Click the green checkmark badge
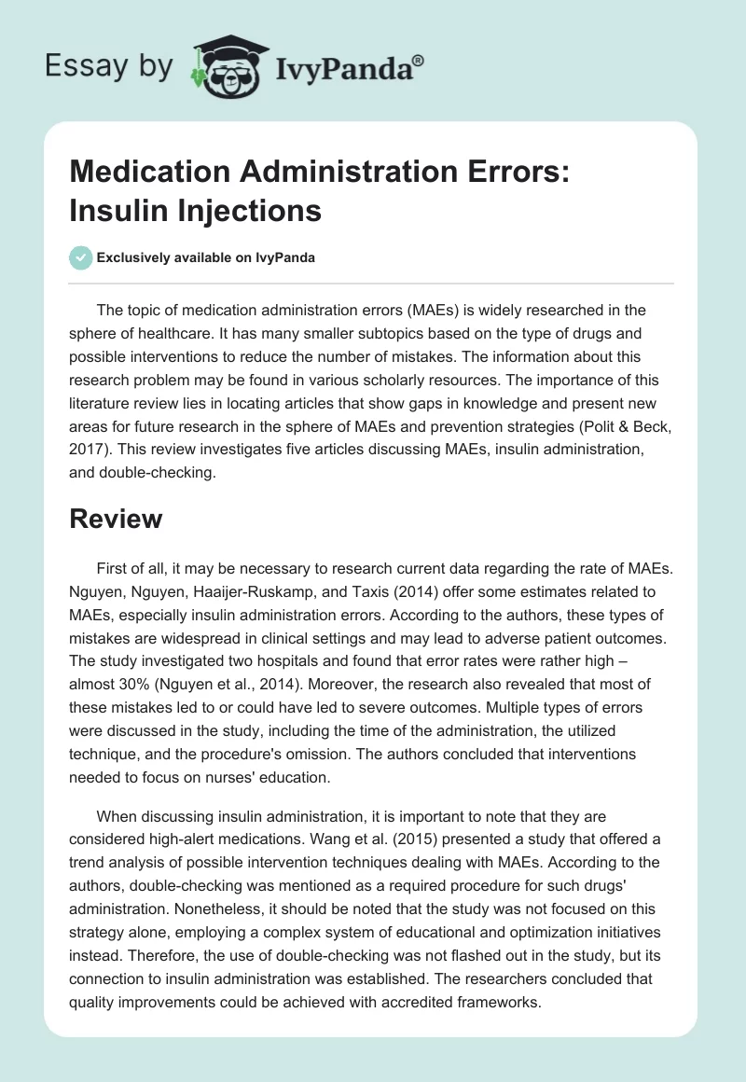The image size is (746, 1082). pyautogui.click(x=80, y=257)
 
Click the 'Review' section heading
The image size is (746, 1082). pyautogui.click(x=116, y=519)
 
